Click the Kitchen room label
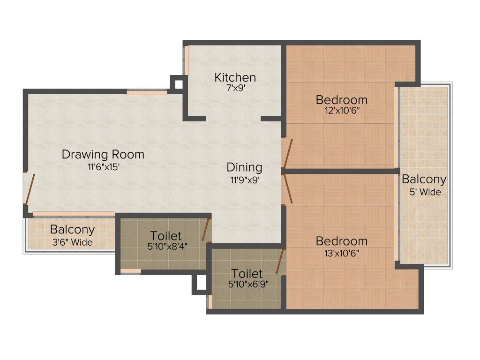pyautogui.click(x=235, y=77)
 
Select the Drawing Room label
pyautogui.click(x=103, y=154)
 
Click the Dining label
pyautogui.click(x=244, y=167)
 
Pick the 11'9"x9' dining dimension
pyautogui.click(x=244, y=179)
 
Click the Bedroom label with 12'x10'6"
pyautogui.click(x=341, y=100)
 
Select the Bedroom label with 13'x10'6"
pyautogui.click(x=341, y=241)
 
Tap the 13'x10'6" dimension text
pyautogui.click(x=341, y=253)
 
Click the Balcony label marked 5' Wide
pyautogui.click(x=424, y=180)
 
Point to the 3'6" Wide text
pyautogui.click(x=72, y=242)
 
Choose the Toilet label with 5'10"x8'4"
pyautogui.click(x=165, y=236)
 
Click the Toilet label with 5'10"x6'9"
pyautogui.click(x=247, y=273)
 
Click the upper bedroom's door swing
pyautogui.click(x=287, y=153)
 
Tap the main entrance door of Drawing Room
pyautogui.click(x=30, y=189)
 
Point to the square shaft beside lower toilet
pyautogui.click(x=201, y=283)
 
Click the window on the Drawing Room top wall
pyautogui.click(x=147, y=93)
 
